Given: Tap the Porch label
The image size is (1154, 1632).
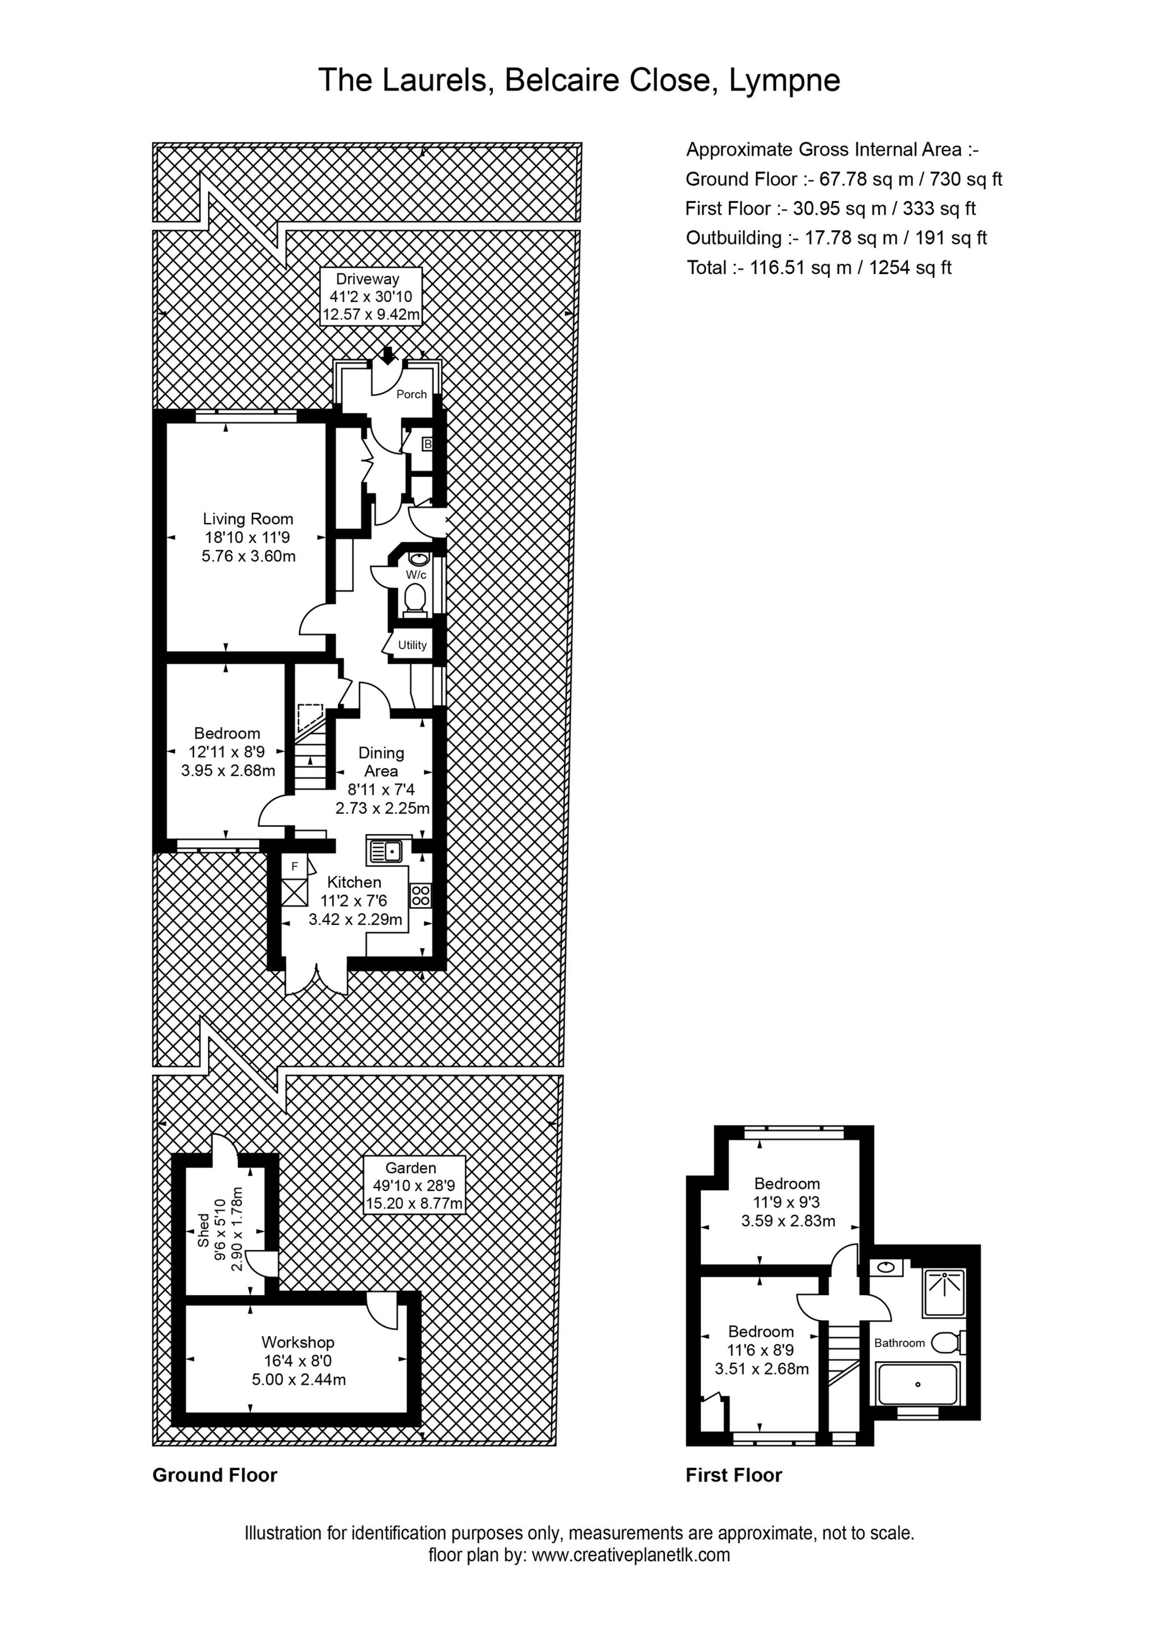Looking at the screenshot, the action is pyautogui.click(x=411, y=394).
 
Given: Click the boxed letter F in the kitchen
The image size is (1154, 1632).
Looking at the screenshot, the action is pyautogui.click(x=295, y=867).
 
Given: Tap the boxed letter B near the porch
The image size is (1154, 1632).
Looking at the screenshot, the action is pyautogui.click(x=427, y=444).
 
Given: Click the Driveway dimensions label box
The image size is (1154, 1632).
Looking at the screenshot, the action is pyautogui.click(x=371, y=296).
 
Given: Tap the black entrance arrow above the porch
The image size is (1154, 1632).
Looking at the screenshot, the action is pyautogui.click(x=388, y=354).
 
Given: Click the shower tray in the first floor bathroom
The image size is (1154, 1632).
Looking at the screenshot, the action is pyautogui.click(x=944, y=1292).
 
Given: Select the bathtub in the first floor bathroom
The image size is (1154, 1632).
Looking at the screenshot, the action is pyautogui.click(x=918, y=1383).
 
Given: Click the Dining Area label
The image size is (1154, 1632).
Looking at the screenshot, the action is pyautogui.click(x=382, y=761).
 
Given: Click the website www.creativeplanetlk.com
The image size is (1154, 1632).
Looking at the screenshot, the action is pyautogui.click(x=631, y=1555).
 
